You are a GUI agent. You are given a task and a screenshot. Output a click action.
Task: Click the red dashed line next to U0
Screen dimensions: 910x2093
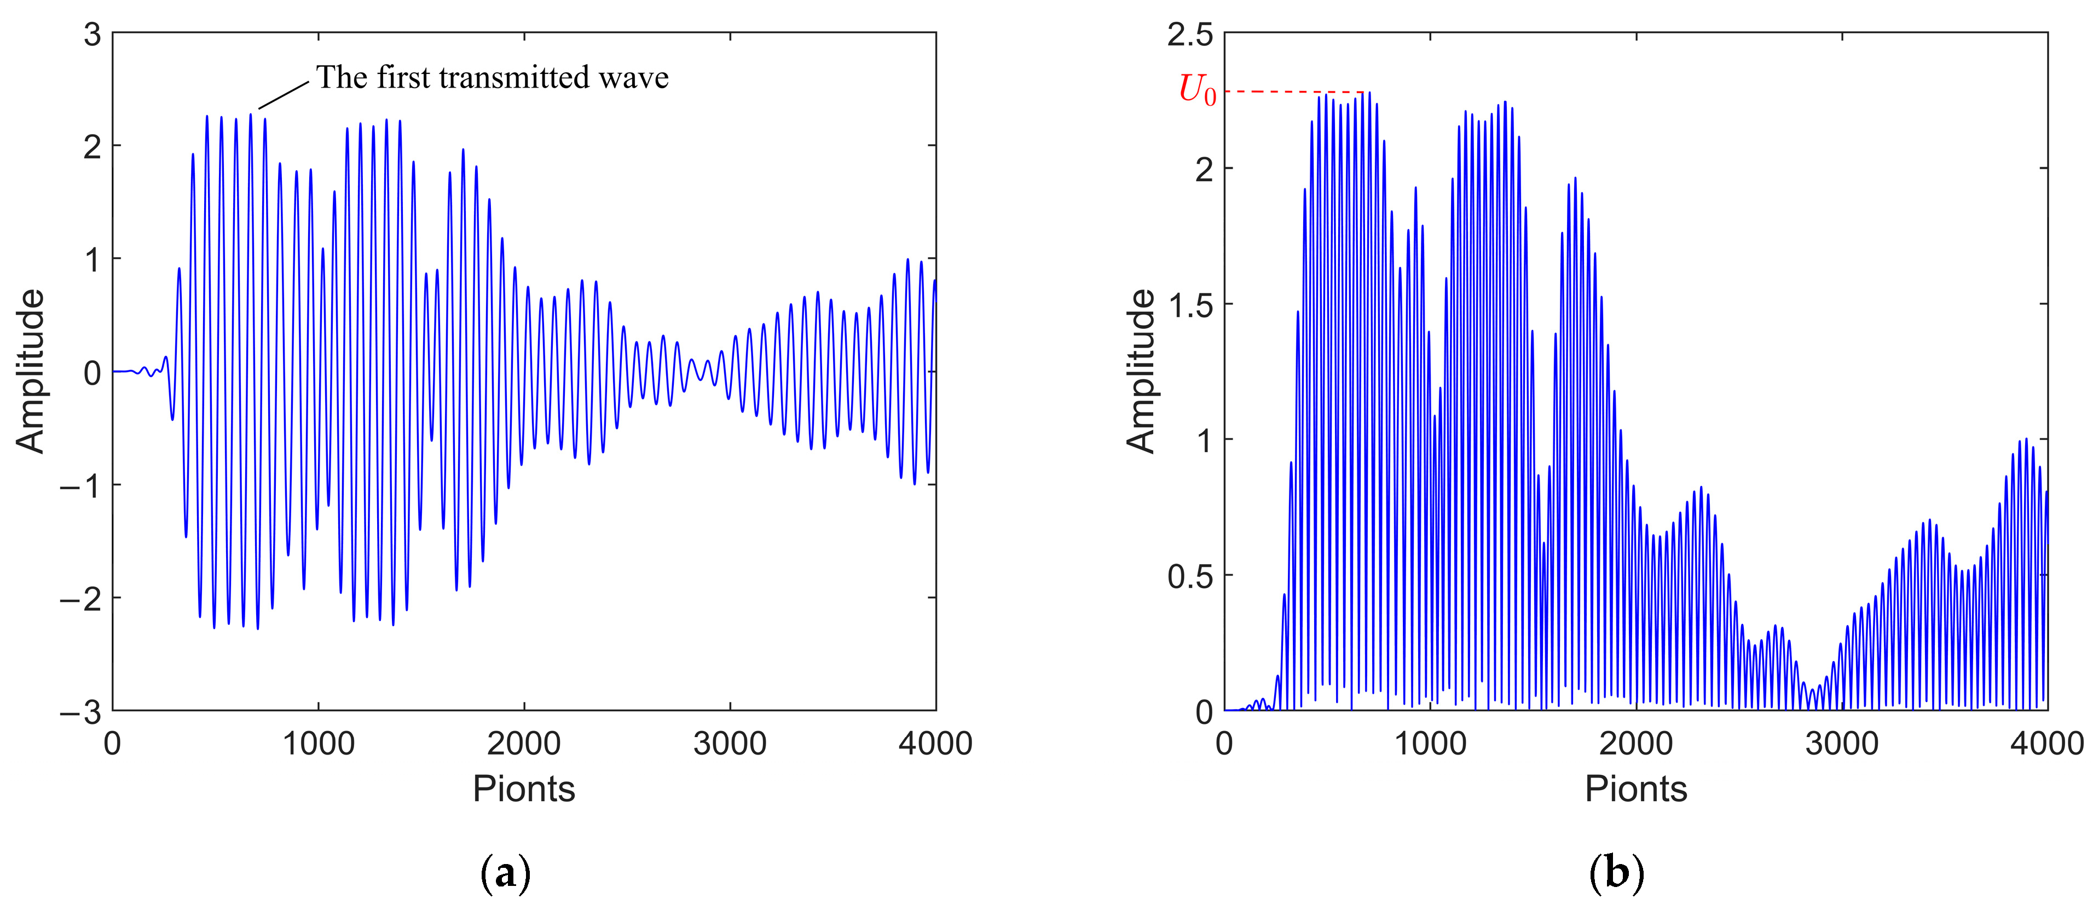pyautogui.click(x=1292, y=92)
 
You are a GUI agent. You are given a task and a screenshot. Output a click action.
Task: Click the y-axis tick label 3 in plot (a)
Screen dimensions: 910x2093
pyautogui.click(x=92, y=35)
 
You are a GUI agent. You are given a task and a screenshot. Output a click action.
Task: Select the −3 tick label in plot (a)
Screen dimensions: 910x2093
pyautogui.click(x=80, y=712)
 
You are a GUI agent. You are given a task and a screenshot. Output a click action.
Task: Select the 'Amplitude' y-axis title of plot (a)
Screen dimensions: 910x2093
pyautogui.click(x=31, y=372)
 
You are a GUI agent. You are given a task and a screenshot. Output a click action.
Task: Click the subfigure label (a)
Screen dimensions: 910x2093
pyautogui.click(x=505, y=873)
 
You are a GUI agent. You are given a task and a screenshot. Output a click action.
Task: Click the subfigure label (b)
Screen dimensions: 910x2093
pyautogui.click(x=1616, y=873)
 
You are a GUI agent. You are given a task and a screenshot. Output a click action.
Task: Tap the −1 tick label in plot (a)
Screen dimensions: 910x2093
pyautogui.click(x=80, y=486)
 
